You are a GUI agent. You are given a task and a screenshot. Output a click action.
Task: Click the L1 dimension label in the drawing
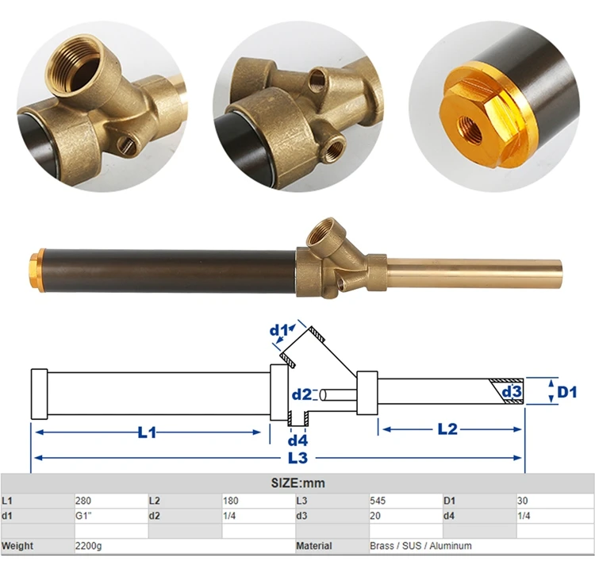coord(148,432)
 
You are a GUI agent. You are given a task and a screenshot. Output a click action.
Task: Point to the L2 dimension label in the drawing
coord(448,429)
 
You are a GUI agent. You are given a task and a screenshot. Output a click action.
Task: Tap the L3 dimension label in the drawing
coord(297,458)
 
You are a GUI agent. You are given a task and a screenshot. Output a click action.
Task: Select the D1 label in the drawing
coord(566,392)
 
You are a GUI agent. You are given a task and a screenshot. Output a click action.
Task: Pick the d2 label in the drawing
coord(301,394)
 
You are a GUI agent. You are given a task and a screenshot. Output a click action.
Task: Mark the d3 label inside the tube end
coord(511,392)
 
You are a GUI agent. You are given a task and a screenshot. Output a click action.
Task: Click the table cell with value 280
coord(83,501)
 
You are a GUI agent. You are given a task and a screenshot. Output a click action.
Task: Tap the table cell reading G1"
coord(84,516)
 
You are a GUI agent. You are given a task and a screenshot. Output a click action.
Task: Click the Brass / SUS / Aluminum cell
coord(420,546)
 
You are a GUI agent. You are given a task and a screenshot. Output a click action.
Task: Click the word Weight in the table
coord(17,546)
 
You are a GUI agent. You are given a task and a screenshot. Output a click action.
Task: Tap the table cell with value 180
coord(231,501)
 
